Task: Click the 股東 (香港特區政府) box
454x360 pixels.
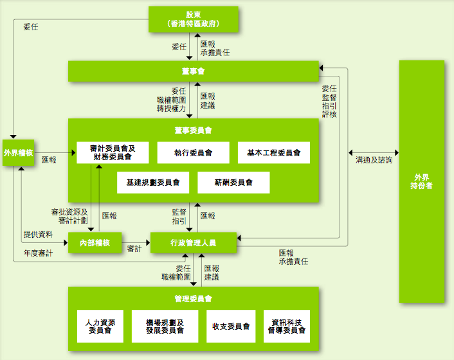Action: point(193,19)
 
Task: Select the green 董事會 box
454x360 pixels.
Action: point(194,71)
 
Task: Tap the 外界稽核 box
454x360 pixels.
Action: point(18,152)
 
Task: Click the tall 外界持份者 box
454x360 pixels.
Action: point(421,181)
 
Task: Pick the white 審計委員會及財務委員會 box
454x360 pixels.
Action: point(113,152)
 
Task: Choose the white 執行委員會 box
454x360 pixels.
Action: point(194,152)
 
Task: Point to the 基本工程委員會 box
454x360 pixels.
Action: point(273,152)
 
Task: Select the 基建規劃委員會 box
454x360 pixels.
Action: point(153,183)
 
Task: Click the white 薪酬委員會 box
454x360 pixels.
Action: point(233,183)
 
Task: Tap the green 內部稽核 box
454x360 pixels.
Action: point(95,242)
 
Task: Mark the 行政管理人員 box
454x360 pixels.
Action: point(194,242)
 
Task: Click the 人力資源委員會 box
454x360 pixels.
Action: point(100,326)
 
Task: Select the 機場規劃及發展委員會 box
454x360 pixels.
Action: point(165,326)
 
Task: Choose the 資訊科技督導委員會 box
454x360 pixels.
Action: point(287,326)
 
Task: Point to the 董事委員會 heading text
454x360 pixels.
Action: point(194,130)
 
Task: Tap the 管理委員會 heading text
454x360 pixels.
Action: point(194,299)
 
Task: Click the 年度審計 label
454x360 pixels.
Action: point(38,254)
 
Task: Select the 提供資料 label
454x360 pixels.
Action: point(39,234)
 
